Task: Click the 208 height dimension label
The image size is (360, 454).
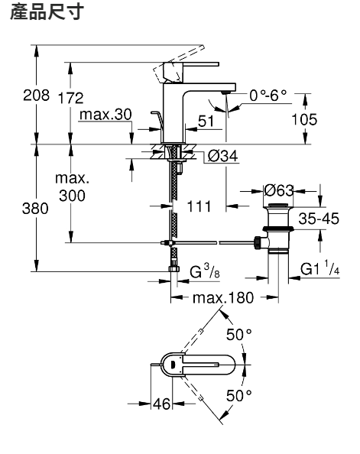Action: click(x=36, y=96)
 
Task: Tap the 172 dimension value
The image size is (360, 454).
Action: click(x=70, y=98)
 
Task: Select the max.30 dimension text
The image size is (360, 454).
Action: click(x=105, y=115)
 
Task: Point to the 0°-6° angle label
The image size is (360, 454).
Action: click(x=268, y=96)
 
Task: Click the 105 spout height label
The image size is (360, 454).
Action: click(x=304, y=119)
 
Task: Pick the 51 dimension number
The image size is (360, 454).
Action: click(x=206, y=122)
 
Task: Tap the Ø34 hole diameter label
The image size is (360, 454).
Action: click(x=223, y=156)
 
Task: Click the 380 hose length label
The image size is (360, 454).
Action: click(x=35, y=209)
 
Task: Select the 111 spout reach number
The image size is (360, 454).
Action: click(x=199, y=206)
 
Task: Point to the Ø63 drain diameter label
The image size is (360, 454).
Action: click(x=279, y=190)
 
